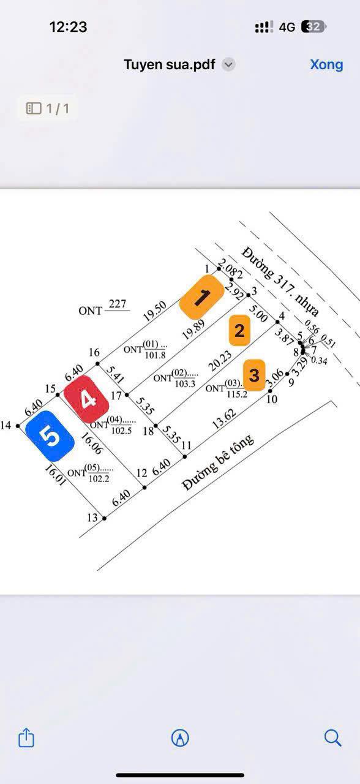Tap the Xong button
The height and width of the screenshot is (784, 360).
click(x=326, y=64)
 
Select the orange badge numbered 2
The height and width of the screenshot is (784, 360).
click(x=239, y=331)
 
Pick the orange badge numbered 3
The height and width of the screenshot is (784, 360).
click(x=254, y=374)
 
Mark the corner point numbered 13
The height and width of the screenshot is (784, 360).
click(x=104, y=519)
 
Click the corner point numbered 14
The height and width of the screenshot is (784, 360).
click(x=18, y=426)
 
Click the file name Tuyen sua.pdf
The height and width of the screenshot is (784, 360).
click(x=170, y=64)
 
